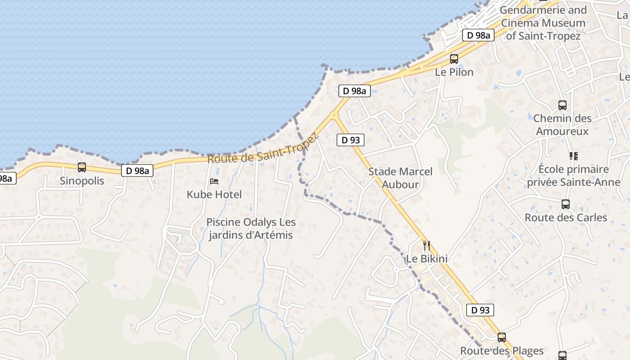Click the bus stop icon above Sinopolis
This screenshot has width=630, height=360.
click(82, 167)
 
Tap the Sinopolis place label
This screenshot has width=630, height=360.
click(82, 181)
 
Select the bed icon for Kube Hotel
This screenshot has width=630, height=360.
click(214, 181)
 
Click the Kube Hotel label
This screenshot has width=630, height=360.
click(214, 194)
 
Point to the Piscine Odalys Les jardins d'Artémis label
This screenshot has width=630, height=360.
click(251, 229)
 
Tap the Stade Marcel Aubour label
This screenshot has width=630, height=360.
click(400, 178)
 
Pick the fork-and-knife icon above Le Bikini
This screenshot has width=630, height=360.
click(427, 246)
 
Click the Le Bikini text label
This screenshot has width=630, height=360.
click(427, 259)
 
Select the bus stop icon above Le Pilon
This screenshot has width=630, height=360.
click(454, 59)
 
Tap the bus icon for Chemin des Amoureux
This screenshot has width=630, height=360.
click(562, 105)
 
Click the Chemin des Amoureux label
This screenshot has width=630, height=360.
click(562, 125)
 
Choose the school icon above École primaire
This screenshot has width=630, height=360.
click(573, 156)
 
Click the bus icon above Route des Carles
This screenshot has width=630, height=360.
click(566, 204)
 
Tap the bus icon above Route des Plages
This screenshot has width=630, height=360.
click(502, 337)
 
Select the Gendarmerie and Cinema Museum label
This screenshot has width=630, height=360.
click(544, 22)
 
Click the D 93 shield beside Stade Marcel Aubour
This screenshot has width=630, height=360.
click(351, 140)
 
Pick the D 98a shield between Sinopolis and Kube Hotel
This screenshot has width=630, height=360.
click(137, 171)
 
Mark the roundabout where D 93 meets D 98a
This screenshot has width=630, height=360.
click(333, 116)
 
